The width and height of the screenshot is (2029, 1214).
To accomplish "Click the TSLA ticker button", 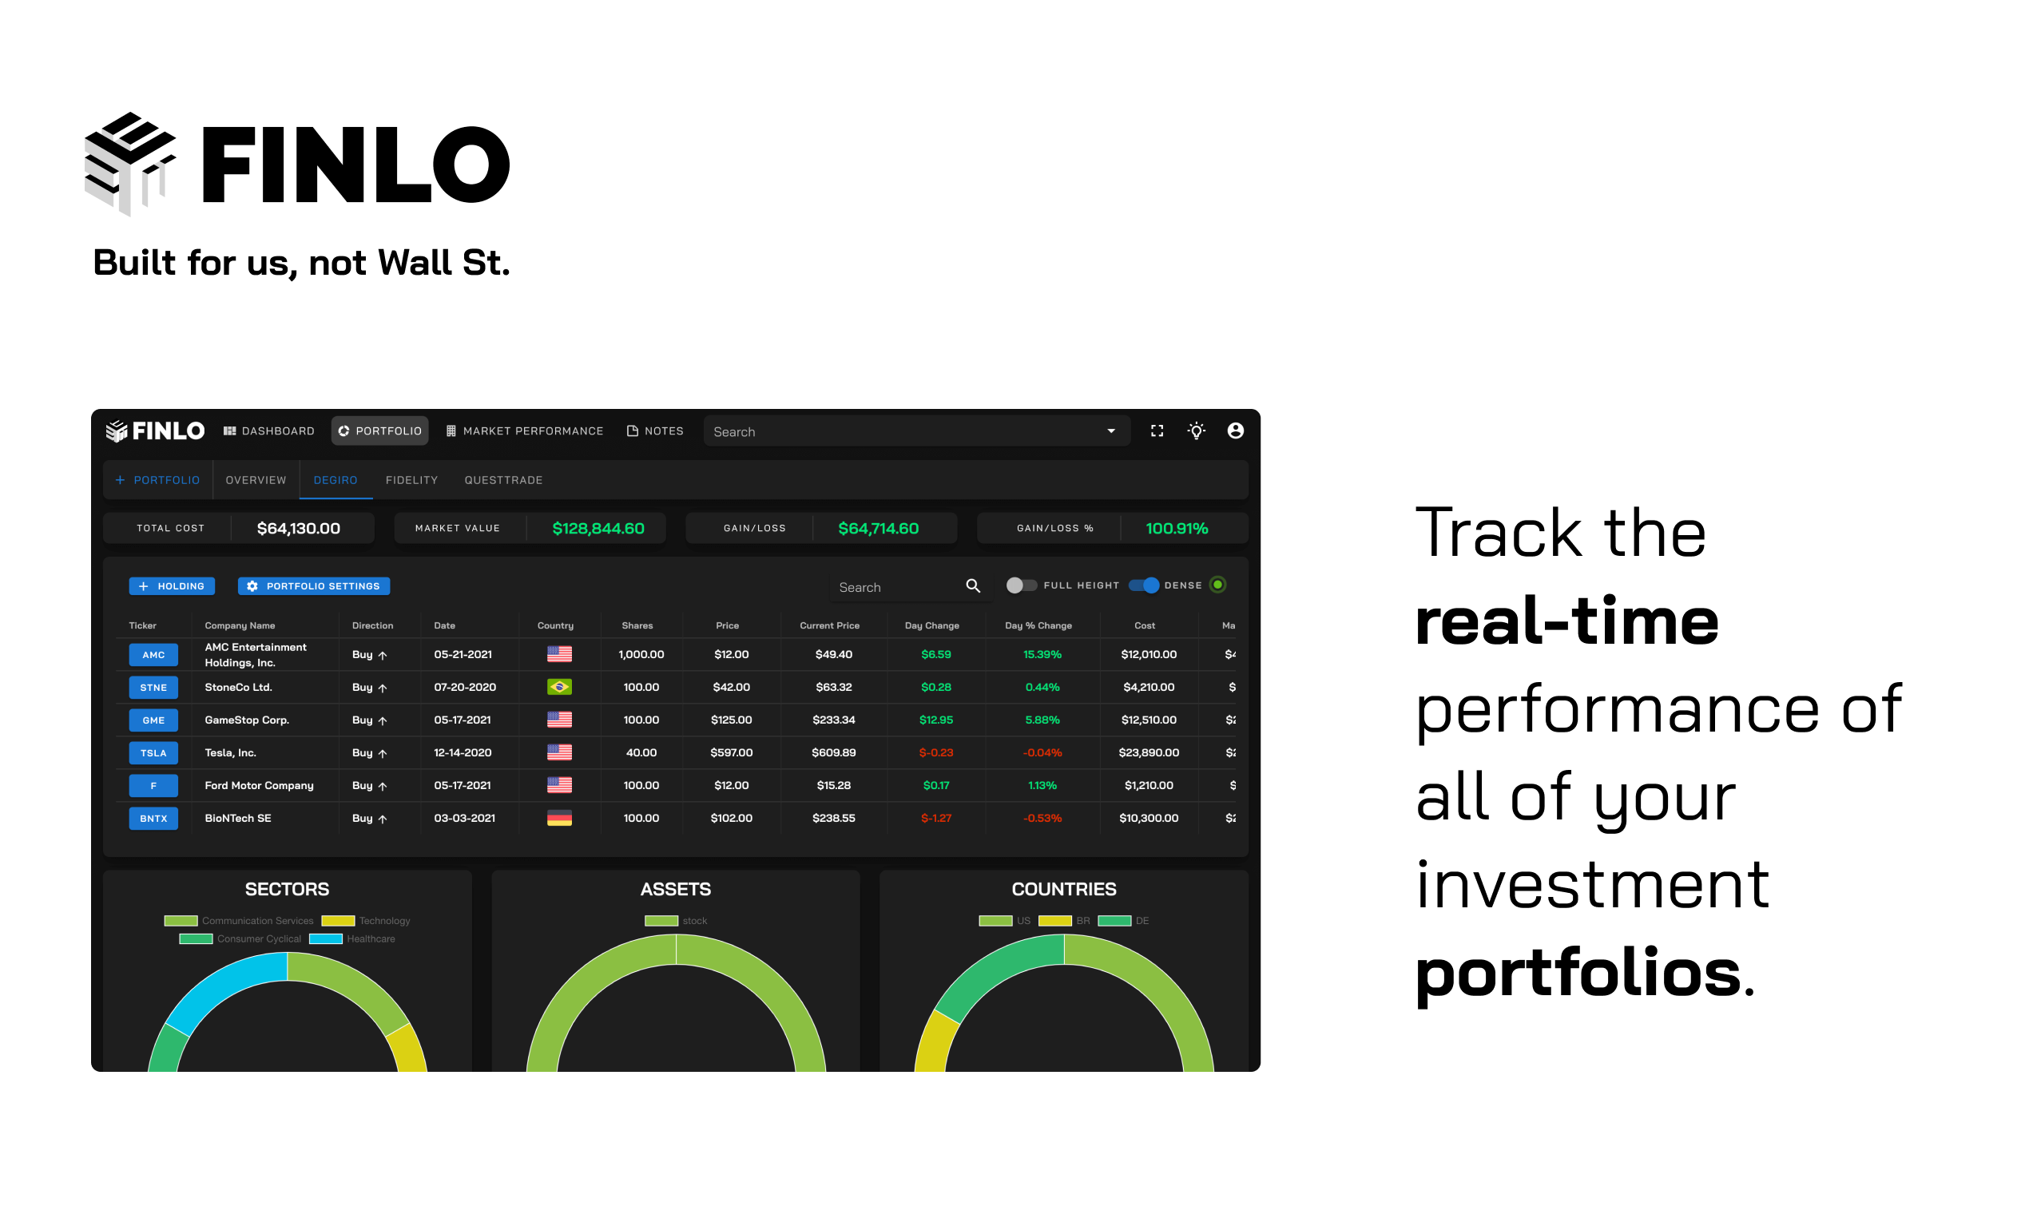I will (153, 752).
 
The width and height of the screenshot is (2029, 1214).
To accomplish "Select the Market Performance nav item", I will (525, 431).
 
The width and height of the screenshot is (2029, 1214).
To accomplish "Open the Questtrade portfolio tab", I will (503, 480).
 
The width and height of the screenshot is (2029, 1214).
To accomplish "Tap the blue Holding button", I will (172, 585).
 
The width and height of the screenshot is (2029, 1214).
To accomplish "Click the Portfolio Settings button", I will (314, 585).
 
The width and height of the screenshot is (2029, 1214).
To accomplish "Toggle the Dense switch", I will (1144, 585).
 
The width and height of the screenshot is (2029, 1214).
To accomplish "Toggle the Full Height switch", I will (1021, 585).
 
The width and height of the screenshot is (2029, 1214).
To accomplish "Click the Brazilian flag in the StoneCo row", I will (559, 687).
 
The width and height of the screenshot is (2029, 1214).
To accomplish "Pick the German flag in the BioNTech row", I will (559, 818).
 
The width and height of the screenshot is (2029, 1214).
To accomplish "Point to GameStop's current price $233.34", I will (833, 720).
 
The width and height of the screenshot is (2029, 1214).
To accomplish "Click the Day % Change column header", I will (1038, 626).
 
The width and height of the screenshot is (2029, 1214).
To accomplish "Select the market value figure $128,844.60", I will (598, 529).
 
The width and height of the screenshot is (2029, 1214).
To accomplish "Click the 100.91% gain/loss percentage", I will (1176, 529).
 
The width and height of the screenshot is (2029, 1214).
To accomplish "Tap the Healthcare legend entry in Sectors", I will (352, 939).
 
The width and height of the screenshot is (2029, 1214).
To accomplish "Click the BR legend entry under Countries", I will (1064, 921).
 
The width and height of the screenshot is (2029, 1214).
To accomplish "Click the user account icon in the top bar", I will (1235, 431).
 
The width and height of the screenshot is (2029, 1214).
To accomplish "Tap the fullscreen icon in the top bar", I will (1156, 431).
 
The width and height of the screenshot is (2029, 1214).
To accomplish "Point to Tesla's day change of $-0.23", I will (935, 752).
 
